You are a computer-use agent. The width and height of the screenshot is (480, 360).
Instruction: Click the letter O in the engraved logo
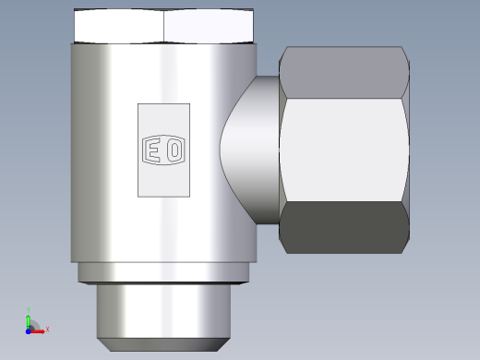(x=174, y=150)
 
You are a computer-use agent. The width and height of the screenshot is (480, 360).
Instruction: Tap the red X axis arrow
(x=37, y=331)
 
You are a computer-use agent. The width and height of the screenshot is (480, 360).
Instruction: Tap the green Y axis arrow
(x=29, y=321)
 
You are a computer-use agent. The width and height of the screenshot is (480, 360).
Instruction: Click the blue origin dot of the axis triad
(x=29, y=331)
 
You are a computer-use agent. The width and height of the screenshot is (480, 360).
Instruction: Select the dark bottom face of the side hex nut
(x=344, y=228)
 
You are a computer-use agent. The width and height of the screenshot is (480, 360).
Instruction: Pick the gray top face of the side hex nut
(x=344, y=73)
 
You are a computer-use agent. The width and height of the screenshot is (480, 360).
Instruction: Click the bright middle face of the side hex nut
(x=344, y=150)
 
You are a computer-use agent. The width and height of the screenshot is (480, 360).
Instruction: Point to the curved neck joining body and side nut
(x=250, y=150)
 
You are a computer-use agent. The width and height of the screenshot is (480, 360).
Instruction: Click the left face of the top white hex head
(x=119, y=26)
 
